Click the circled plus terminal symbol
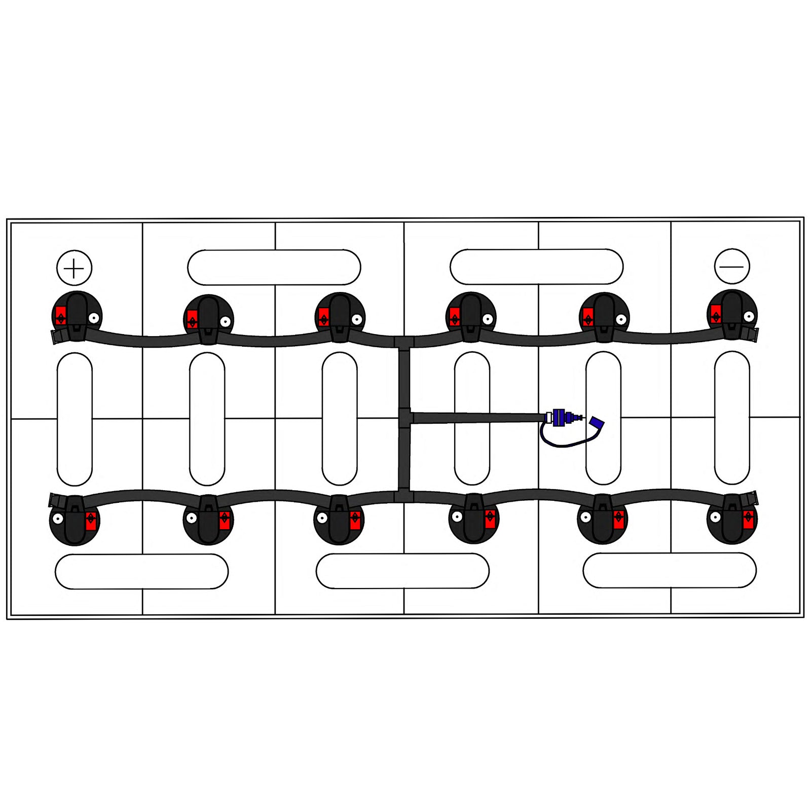tap(74, 268)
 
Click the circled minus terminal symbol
tap(731, 267)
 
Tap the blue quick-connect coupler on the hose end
tap(559, 418)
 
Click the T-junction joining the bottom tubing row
tap(404, 496)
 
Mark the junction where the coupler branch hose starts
tap(405, 418)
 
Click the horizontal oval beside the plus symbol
tap(274, 267)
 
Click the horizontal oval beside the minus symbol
tap(536, 267)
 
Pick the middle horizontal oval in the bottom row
tap(402, 571)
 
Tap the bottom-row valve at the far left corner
tap(75, 520)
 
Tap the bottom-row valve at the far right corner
tap(732, 518)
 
